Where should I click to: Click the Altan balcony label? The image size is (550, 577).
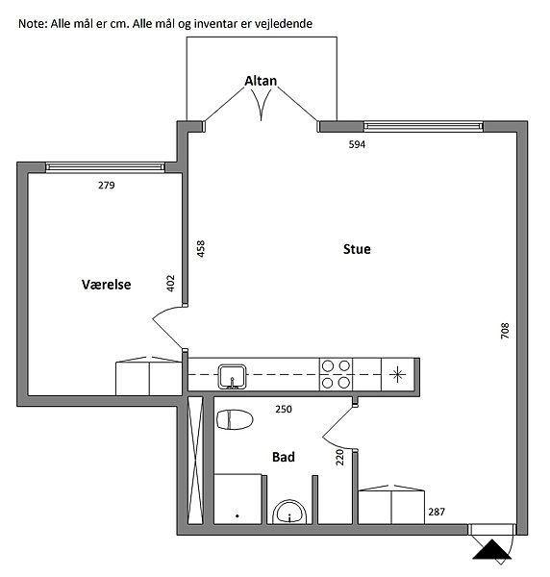(261, 81)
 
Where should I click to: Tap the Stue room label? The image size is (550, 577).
(357, 249)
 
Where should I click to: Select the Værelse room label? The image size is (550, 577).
(107, 285)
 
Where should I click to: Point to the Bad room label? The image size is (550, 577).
(284, 457)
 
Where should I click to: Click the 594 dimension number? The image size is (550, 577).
(357, 144)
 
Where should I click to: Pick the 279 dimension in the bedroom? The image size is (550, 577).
(107, 185)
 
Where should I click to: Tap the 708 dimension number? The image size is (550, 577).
(505, 331)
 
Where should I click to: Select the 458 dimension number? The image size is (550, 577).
(201, 248)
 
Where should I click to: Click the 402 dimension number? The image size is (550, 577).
(170, 284)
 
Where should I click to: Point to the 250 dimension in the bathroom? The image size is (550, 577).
(284, 409)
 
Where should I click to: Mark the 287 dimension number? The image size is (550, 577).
(437, 512)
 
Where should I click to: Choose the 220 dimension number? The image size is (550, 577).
(339, 457)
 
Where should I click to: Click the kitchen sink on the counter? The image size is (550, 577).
(232, 376)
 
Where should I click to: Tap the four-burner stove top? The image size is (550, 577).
(336, 374)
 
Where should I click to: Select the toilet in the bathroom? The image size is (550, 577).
(235, 419)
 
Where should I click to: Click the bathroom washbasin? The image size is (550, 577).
(289, 512)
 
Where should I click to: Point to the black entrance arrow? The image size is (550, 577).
(492, 549)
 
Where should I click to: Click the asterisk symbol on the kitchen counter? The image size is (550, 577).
(397, 375)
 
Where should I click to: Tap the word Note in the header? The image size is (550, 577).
(33, 24)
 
